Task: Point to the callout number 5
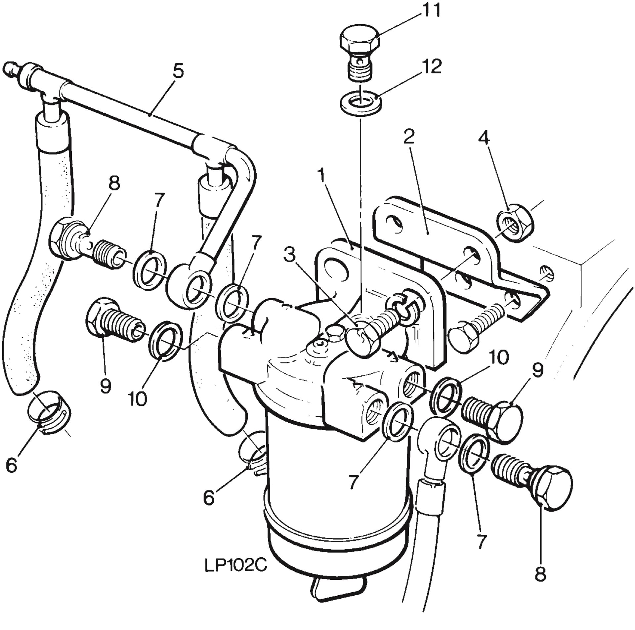178,71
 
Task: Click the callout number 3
289,255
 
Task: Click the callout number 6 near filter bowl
209,498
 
